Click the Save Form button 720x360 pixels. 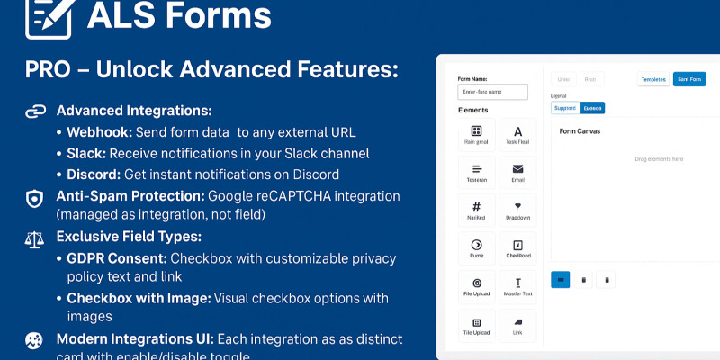[x=689, y=79]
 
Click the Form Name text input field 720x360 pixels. [x=493, y=92]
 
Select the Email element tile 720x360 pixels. [x=517, y=172]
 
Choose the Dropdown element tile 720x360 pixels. [x=517, y=211]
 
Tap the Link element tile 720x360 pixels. [x=517, y=327]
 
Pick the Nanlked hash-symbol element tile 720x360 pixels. [x=477, y=211]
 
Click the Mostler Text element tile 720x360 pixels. [x=517, y=288]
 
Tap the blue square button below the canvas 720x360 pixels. [x=560, y=280]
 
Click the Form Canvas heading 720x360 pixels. [x=580, y=131]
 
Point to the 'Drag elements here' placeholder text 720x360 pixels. [x=659, y=159]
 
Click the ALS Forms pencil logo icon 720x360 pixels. [x=48, y=17]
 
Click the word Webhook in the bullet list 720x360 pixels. [x=98, y=133]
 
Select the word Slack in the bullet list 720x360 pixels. [x=85, y=153]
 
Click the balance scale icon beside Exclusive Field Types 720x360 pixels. [x=34, y=239]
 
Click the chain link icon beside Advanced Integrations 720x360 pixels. [x=34, y=112]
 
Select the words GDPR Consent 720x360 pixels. [x=115, y=258]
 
